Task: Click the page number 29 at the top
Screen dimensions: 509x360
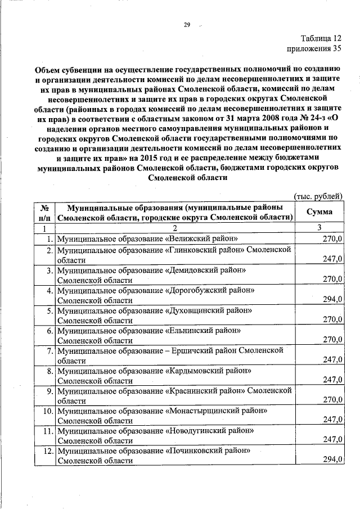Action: pyautogui.click(x=187, y=25)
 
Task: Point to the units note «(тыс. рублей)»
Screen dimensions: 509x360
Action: pyautogui.click(x=319, y=195)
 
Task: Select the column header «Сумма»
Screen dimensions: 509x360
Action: pyautogui.click(x=319, y=212)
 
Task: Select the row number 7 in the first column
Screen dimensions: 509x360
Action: pyautogui.click(x=49, y=350)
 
